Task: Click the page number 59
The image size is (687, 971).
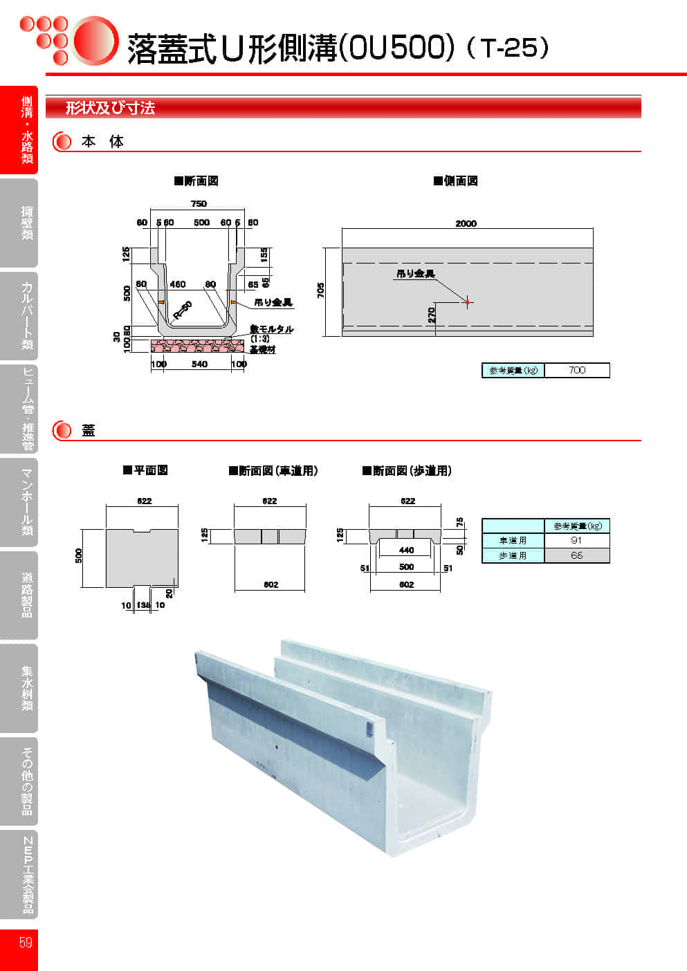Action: point(26,942)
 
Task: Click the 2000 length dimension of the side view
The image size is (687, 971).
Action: point(466,223)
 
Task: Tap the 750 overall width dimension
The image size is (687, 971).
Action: point(199,203)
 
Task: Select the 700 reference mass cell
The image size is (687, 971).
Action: point(577,370)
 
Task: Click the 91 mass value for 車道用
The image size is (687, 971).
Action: point(576,540)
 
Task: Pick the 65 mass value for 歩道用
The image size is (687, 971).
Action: point(576,555)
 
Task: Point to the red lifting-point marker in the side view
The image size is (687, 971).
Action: point(468,302)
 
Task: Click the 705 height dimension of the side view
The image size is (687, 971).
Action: point(321,290)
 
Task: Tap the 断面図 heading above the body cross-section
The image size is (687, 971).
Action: point(196,181)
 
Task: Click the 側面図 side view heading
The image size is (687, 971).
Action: point(456,181)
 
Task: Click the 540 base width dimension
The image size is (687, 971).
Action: point(199,364)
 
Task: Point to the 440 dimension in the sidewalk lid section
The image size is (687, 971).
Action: point(406,551)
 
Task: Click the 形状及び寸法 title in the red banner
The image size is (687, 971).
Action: point(110,108)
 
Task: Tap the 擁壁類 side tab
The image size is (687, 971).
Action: point(27,223)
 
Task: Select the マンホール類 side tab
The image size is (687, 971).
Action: point(27,502)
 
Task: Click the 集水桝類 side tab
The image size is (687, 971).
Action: point(27,688)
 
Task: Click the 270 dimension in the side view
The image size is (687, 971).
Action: point(432,315)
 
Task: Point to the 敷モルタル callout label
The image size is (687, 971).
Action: point(272,329)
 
